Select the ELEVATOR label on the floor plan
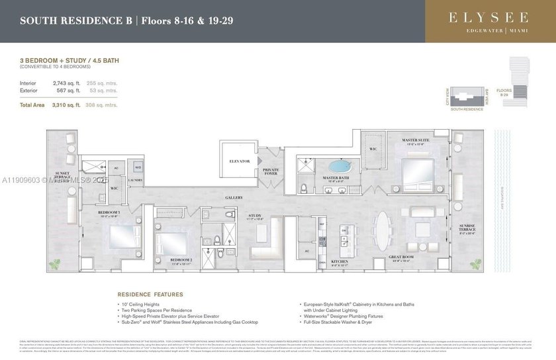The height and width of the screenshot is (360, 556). (x=240, y=161)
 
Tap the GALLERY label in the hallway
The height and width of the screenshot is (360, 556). (x=233, y=197)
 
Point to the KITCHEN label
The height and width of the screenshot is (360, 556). (x=340, y=262)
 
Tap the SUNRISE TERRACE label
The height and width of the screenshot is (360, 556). (x=468, y=228)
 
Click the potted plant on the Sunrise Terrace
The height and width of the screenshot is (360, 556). (x=476, y=264)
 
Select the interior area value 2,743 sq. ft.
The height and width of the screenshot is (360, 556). (x=68, y=83)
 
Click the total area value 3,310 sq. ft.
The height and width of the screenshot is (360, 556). (x=68, y=105)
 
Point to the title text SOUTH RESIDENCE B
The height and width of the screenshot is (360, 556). (x=73, y=21)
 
